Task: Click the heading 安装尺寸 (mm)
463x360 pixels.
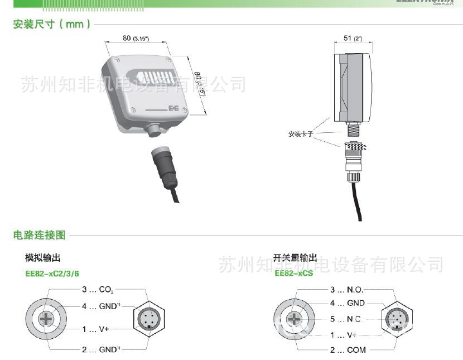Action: pos(52,25)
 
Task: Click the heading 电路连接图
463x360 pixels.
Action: pos(40,235)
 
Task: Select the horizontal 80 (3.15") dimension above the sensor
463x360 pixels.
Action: pos(136,38)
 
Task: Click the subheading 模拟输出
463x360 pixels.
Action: pos(42,258)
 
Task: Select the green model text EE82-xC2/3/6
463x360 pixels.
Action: pos(52,273)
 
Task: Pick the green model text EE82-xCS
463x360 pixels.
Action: pos(293,273)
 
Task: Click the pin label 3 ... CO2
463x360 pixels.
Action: pos(98,290)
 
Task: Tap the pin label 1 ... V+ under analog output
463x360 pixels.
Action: pos(95,329)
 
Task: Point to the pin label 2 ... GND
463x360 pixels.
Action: pos(101,349)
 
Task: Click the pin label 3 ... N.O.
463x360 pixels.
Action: pos(346,290)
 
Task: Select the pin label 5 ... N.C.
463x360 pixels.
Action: pos(346,319)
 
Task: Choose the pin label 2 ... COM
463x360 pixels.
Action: pos(348,350)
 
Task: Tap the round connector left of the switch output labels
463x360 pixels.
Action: pos(295,320)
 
